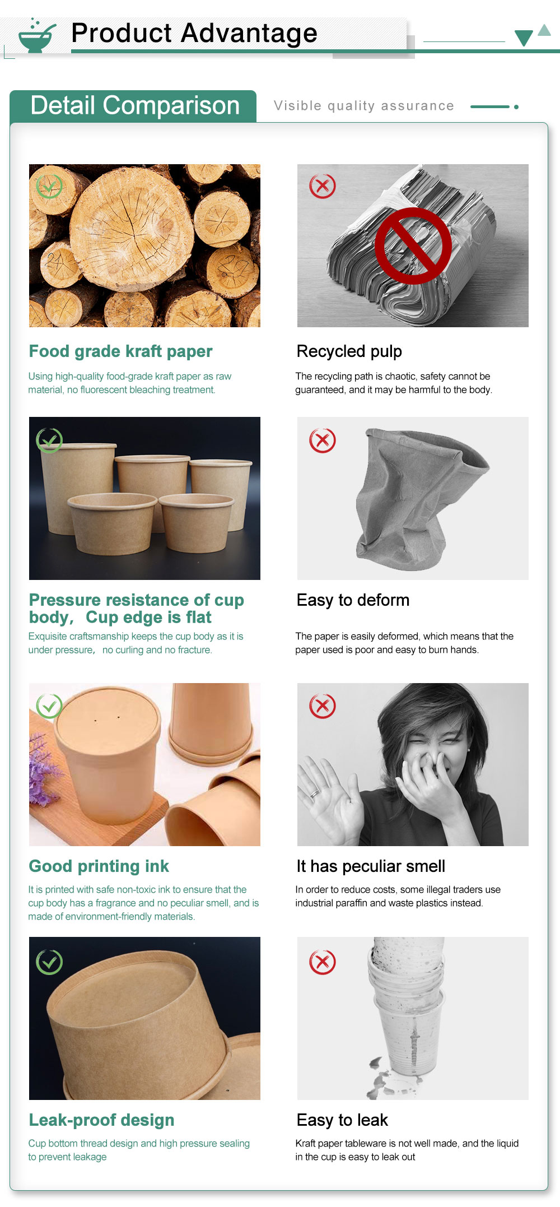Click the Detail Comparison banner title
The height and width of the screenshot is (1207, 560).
click(135, 105)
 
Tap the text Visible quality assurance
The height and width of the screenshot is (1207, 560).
click(364, 106)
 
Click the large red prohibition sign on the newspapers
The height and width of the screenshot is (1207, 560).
click(413, 245)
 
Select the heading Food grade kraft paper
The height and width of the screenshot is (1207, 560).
click(120, 351)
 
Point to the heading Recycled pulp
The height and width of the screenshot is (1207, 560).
click(349, 351)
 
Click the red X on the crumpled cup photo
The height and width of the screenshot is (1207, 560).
click(323, 440)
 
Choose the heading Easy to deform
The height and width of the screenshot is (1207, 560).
click(353, 600)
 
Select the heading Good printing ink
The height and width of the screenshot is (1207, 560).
click(99, 866)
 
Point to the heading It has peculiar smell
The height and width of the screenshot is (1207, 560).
click(371, 866)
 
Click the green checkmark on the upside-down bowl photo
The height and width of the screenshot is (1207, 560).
click(49, 962)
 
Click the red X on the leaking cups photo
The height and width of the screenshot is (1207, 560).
click(323, 962)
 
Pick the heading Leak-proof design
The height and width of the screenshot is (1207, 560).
click(101, 1120)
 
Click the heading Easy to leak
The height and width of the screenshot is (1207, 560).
click(342, 1120)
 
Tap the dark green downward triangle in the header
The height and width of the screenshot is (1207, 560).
click(524, 38)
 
